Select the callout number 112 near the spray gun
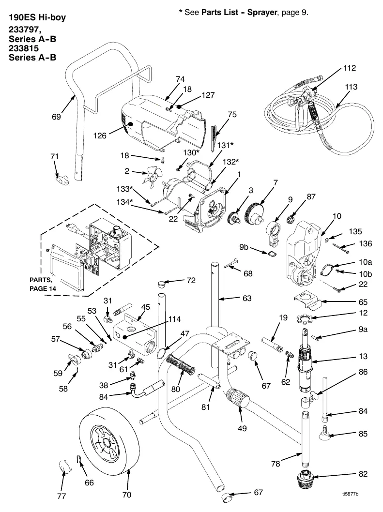[x=349, y=68]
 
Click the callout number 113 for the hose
[x=352, y=87]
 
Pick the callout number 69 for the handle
[x=56, y=117]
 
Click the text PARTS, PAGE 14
[x=43, y=284]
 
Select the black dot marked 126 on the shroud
[x=130, y=124]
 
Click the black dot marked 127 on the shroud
[x=179, y=106]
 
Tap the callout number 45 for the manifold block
[x=145, y=307]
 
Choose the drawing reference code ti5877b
[x=351, y=494]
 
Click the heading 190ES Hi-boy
[x=37, y=17]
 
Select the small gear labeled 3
[x=235, y=217]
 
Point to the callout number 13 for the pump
[x=363, y=356]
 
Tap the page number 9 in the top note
[x=304, y=13]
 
